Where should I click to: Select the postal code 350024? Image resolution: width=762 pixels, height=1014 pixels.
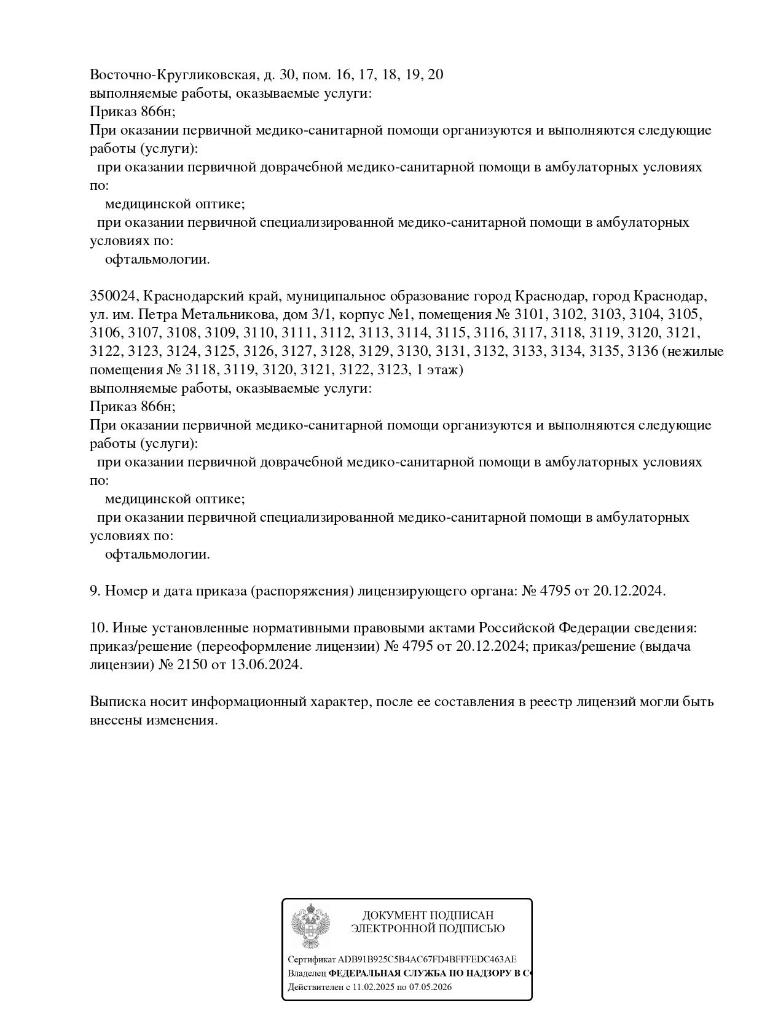[x=113, y=296]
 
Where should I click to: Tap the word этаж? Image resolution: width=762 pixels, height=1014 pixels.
[x=442, y=370]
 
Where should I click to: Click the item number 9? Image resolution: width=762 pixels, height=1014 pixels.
[x=95, y=591]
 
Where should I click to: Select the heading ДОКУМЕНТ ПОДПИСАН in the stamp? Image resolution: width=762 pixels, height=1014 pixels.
[x=428, y=916]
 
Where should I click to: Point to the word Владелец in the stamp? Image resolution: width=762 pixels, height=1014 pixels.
[x=307, y=973]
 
